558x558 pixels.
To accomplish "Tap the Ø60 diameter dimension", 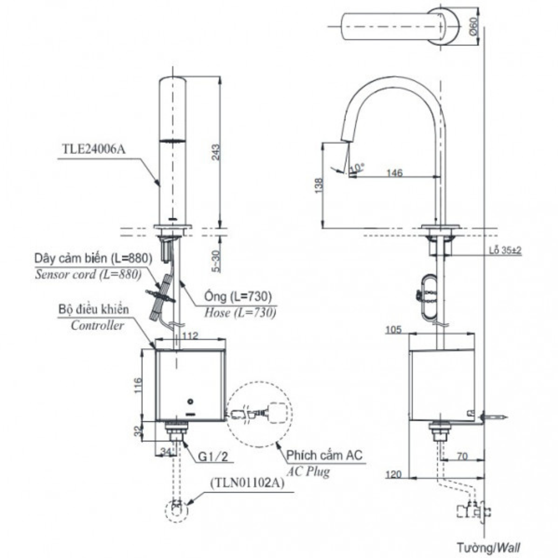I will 473,26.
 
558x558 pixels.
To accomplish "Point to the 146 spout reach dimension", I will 394,173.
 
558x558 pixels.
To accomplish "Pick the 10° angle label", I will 357,167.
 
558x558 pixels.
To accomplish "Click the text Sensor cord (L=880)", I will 88,274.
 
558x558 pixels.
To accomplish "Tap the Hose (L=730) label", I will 240,313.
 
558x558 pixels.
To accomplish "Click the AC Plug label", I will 309,472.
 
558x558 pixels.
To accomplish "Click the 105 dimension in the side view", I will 394,330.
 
